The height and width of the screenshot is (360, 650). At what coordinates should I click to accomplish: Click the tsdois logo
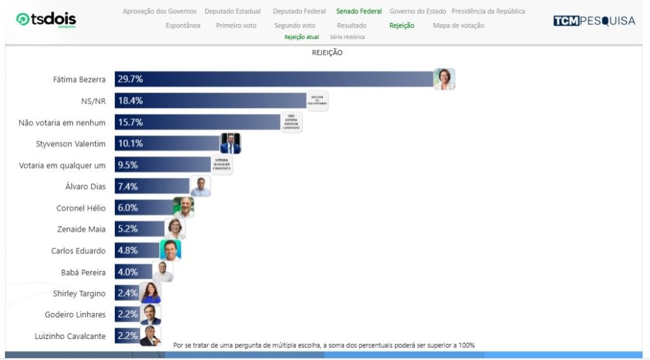[46, 20]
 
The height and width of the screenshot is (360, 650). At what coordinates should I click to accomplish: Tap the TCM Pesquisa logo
[594, 20]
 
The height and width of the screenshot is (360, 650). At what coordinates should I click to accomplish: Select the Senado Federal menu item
[359, 11]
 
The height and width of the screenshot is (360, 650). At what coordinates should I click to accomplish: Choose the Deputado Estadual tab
[232, 11]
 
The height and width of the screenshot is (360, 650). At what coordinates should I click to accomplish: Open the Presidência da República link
[488, 11]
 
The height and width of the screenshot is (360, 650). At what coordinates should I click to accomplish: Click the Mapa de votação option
[458, 25]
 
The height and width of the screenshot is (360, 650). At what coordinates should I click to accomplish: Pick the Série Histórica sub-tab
[347, 37]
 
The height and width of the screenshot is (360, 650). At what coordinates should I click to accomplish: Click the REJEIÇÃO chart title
[327, 53]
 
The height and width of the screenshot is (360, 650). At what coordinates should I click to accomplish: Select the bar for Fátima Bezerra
[273, 79]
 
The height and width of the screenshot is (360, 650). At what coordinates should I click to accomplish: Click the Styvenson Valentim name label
[70, 144]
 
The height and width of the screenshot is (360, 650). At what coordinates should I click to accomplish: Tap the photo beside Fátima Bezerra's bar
[444, 79]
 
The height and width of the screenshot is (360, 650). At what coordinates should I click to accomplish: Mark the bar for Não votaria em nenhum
[197, 123]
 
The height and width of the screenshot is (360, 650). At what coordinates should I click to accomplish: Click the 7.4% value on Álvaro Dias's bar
[128, 187]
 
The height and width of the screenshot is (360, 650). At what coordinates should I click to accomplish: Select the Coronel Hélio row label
[81, 208]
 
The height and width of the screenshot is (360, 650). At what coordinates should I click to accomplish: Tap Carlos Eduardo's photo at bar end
[170, 250]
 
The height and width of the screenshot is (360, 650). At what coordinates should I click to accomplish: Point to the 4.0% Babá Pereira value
[128, 272]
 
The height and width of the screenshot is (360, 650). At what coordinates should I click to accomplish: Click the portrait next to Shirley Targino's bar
[150, 293]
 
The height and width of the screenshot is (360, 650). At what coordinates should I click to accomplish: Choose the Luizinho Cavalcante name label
[70, 336]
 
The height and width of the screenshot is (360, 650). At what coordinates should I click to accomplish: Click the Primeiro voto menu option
[237, 25]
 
